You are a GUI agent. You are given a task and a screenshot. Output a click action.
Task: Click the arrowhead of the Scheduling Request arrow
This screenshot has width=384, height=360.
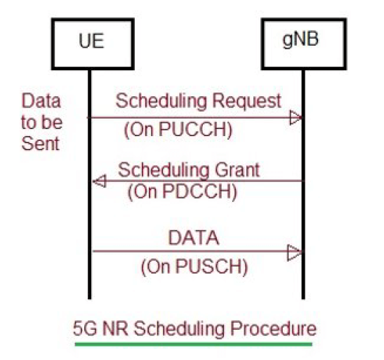tap(296, 118)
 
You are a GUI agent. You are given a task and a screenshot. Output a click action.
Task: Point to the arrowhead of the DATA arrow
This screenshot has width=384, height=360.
tap(296, 251)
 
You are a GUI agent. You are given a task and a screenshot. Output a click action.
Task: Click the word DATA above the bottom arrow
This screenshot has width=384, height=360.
tap(194, 238)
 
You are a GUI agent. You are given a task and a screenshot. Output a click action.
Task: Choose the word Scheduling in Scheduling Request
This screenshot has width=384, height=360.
tap(157, 101)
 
